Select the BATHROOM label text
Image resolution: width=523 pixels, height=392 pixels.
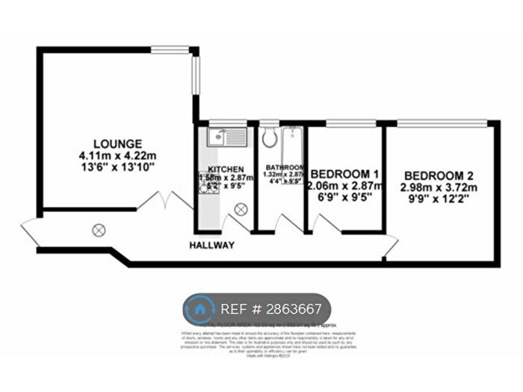click(285, 167)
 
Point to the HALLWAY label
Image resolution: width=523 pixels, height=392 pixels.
click(211, 246)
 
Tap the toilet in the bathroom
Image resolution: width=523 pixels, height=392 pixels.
click(269, 137)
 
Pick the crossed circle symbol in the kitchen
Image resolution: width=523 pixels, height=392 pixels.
click(241, 212)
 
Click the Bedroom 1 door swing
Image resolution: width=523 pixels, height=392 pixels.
click(323, 223)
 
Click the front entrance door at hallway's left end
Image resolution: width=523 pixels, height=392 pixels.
click(31, 231)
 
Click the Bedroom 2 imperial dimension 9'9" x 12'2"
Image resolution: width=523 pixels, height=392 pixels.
click(440, 199)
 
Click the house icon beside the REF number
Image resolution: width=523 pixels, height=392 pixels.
click(199, 309)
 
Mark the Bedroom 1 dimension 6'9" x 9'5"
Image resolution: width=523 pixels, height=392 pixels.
click(344, 199)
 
